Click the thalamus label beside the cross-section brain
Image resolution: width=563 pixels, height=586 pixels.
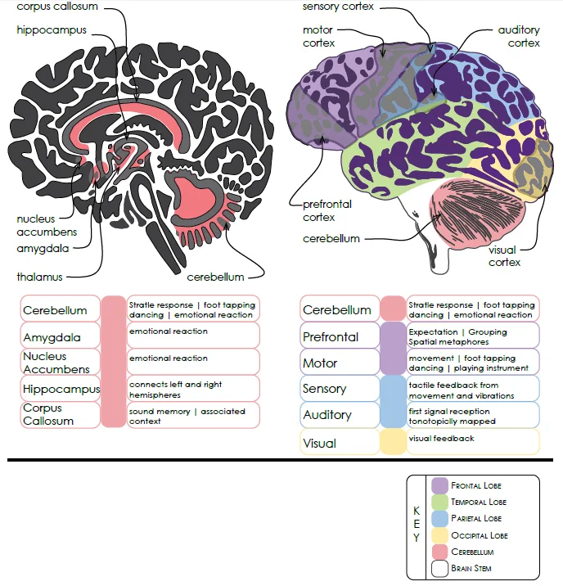tap(39, 277)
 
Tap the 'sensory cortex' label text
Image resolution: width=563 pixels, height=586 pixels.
tap(338, 7)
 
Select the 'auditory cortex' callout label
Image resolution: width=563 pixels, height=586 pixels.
tap(519, 37)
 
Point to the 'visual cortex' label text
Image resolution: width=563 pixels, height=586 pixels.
tap(504, 256)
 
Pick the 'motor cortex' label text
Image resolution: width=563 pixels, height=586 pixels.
tap(319, 37)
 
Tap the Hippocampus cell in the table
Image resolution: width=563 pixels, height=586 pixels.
tap(61, 389)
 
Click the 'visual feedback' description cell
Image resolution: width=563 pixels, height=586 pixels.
tap(474, 442)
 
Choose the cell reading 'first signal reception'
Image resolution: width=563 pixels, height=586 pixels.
tap(474, 416)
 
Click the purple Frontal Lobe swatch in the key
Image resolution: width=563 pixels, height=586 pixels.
tap(439, 485)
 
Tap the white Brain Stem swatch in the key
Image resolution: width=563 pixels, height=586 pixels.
tap(439, 568)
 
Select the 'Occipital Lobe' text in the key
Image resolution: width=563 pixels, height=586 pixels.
tap(480, 535)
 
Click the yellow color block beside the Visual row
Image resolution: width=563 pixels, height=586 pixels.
tap(394, 442)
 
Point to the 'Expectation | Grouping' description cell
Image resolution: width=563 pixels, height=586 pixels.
tap(474, 336)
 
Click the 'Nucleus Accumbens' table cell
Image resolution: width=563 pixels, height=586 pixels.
tap(61, 363)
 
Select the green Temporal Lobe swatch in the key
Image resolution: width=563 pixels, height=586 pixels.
tap(439, 502)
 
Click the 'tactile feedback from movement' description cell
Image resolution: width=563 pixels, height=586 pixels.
tap(474, 389)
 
